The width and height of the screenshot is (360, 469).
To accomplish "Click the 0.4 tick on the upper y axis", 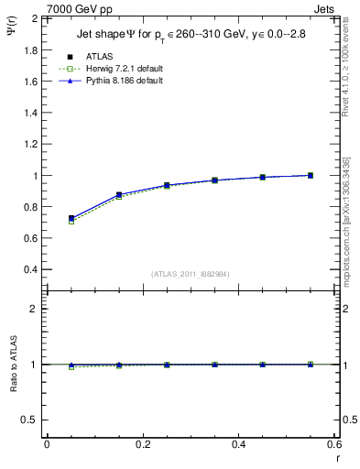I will [x=31, y=269].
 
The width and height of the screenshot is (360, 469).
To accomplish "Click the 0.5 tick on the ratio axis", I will [x=31, y=420].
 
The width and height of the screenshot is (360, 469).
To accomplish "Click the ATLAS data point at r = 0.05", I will [x=71, y=219].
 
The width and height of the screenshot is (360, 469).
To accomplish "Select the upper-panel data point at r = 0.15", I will [x=119, y=195].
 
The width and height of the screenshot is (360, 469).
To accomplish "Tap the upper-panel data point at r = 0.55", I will [x=311, y=175].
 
